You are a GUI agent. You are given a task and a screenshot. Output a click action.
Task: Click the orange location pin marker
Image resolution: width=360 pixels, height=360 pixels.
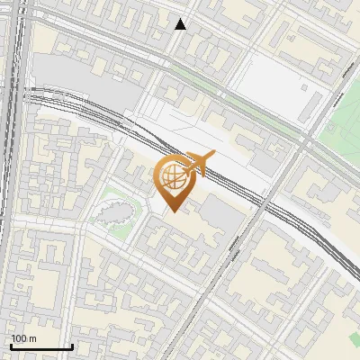pyautogui.click(x=172, y=180)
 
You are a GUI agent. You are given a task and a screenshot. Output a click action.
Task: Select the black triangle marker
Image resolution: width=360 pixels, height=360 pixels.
pyautogui.click(x=181, y=24)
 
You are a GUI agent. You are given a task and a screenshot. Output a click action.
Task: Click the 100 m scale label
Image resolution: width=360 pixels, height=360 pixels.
pyautogui.click(x=23, y=338)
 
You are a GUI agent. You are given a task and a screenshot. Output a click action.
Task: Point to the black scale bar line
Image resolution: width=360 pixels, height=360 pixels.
pyautogui.click(x=40, y=346)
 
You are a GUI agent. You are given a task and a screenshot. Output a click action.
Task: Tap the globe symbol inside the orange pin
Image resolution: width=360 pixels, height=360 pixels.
pyautogui.click(x=172, y=175)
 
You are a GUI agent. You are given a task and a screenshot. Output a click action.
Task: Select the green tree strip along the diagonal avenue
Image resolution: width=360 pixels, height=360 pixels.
pyautogui.click(x=252, y=108)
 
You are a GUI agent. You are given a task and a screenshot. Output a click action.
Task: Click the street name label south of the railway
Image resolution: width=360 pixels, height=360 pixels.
pyautogui.click(x=236, y=247)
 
